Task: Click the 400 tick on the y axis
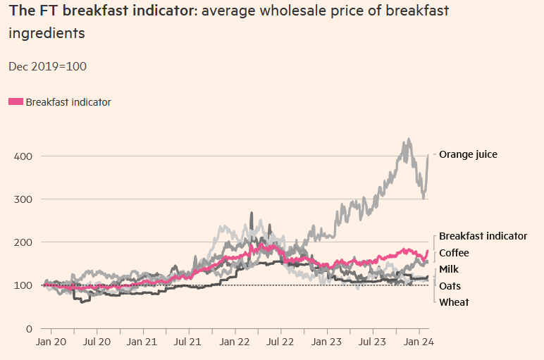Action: click(23, 156)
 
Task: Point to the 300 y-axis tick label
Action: click(23, 199)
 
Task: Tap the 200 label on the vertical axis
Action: click(23, 242)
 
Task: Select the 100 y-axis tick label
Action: click(23, 285)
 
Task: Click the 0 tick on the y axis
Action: click(28, 329)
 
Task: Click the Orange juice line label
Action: click(468, 154)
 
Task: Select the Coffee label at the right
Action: click(454, 253)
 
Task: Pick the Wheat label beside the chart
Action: click(454, 302)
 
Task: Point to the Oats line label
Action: click(451, 286)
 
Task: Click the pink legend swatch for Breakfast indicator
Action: click(16, 102)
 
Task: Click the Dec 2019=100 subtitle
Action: click(47, 66)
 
